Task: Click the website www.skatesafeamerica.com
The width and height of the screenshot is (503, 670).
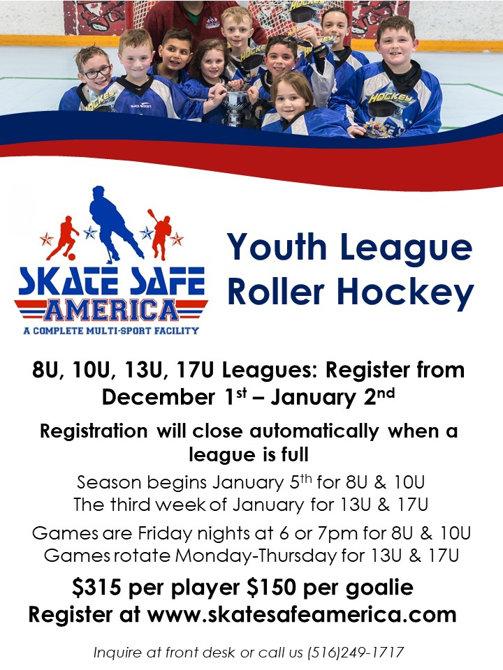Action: (x=302, y=615)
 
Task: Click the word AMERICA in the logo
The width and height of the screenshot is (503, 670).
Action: (x=111, y=308)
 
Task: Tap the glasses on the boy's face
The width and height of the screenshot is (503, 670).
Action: (x=96, y=73)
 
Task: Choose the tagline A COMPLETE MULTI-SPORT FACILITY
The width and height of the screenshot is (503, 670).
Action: (x=111, y=330)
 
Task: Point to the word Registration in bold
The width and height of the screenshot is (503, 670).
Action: (x=93, y=431)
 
